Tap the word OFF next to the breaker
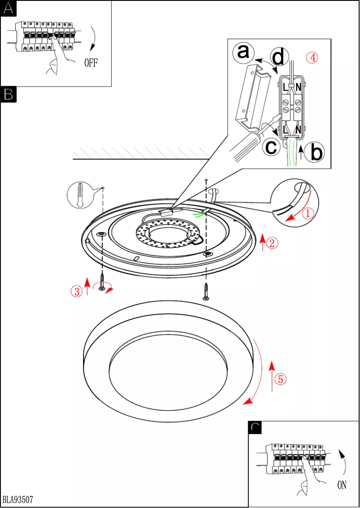91,62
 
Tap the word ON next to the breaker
342,485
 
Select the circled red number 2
272,243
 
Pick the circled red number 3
77,291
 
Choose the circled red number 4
312,57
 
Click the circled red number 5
280,379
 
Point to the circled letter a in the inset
243,53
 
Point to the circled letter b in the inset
316,153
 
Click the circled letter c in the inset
272,146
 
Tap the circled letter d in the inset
278,57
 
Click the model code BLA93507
18,499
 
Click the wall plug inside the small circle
80,195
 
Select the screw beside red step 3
102,283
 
